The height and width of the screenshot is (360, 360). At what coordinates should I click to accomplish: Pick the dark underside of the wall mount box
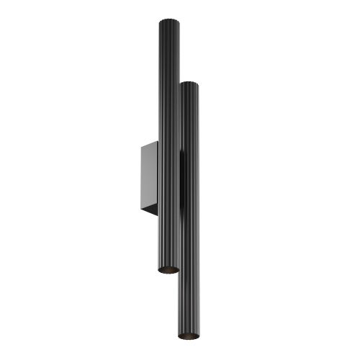pos(152,211)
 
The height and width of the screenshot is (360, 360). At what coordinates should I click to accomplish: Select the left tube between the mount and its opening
pos(168,241)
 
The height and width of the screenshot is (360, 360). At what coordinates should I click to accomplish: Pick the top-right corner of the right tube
pos(198,84)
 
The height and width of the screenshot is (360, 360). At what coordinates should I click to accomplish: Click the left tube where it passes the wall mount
pos(168,176)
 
